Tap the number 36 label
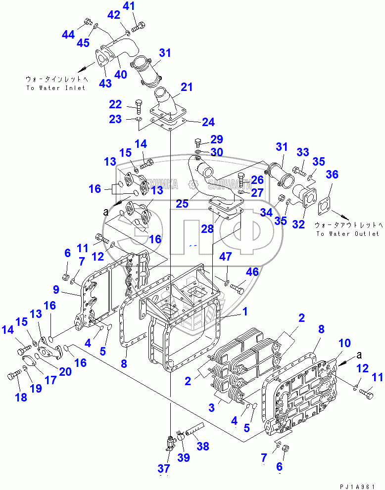pyautogui.click(x=332, y=175)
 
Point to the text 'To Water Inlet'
pyautogui.click(x=56, y=88)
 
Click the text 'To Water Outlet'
pyautogui.click(x=347, y=234)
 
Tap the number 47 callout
pyautogui.click(x=226, y=256)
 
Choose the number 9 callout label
pyautogui.click(x=344, y=344)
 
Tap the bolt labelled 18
pyautogui.click(x=13, y=377)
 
